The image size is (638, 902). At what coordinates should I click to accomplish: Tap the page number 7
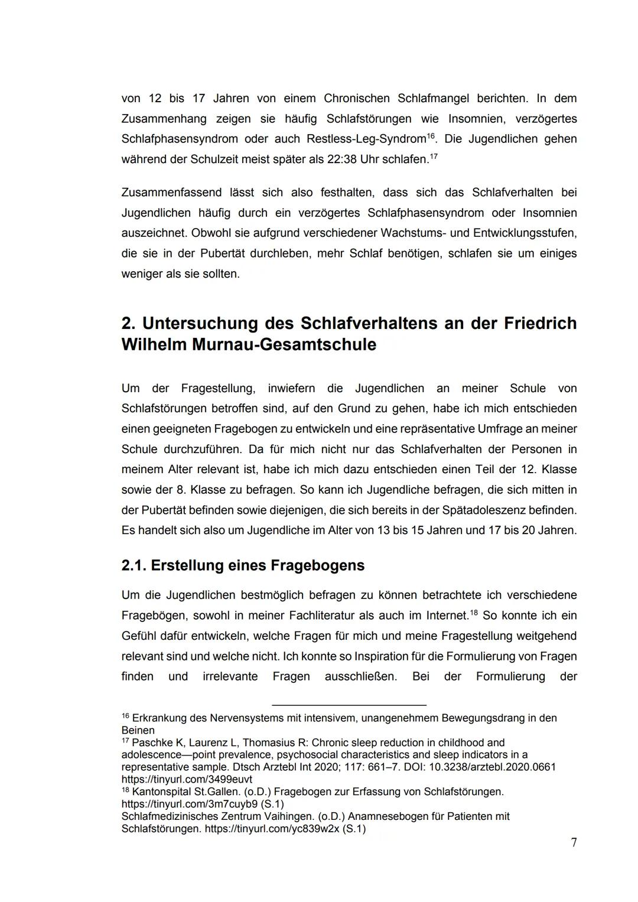coord(574,843)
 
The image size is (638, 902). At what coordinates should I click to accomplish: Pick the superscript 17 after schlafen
coord(433,157)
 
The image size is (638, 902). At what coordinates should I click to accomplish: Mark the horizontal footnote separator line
coord(349,705)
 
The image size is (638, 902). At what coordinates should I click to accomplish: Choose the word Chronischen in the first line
coord(357,98)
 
